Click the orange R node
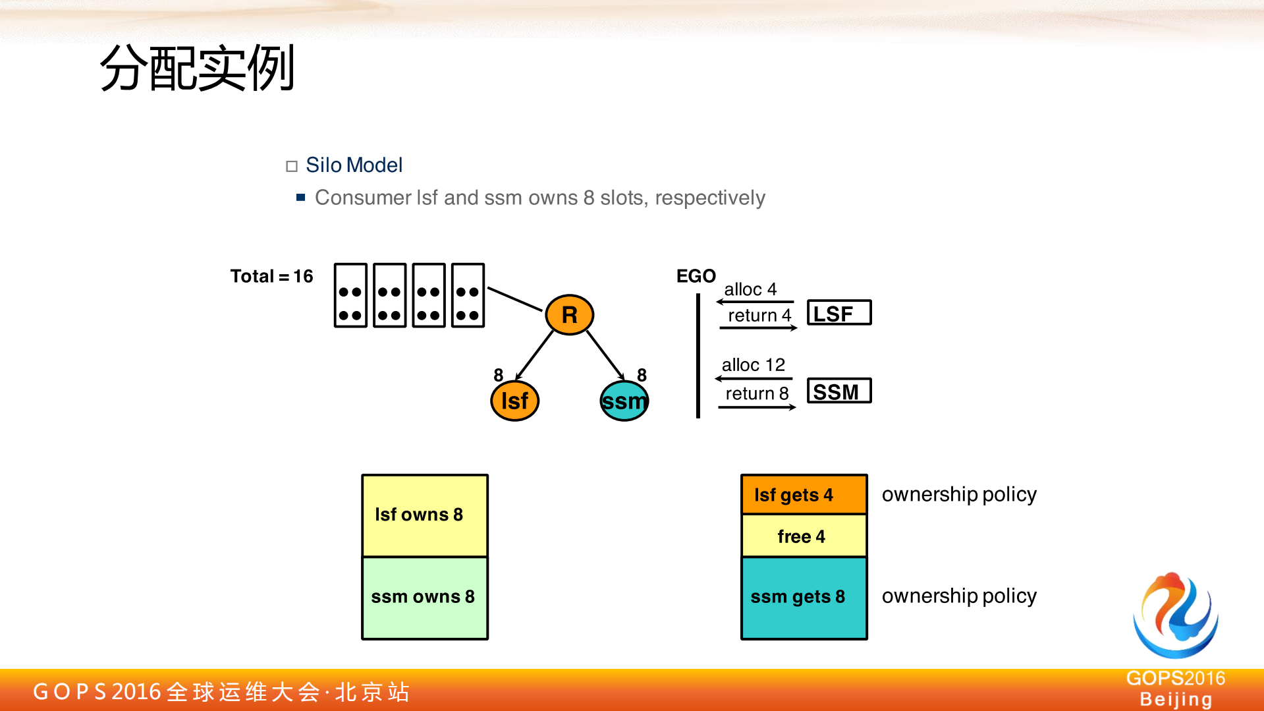click(569, 315)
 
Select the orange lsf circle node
click(514, 401)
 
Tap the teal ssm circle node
click(624, 401)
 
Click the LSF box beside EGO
click(839, 313)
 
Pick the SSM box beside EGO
click(839, 391)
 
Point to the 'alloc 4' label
click(750, 289)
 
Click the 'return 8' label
click(757, 393)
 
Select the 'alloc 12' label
click(753, 365)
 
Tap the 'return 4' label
click(759, 316)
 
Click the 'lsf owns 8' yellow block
click(425, 515)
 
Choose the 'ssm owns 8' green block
click(425, 597)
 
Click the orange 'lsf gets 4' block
click(804, 495)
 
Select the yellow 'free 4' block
click(804, 536)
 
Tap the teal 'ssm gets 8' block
click(804, 597)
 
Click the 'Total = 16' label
click(271, 276)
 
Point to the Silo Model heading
click(354, 165)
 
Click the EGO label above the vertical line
click(696, 276)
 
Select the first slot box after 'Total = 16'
click(350, 295)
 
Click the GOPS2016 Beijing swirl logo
click(1175, 615)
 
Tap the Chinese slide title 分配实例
click(197, 69)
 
